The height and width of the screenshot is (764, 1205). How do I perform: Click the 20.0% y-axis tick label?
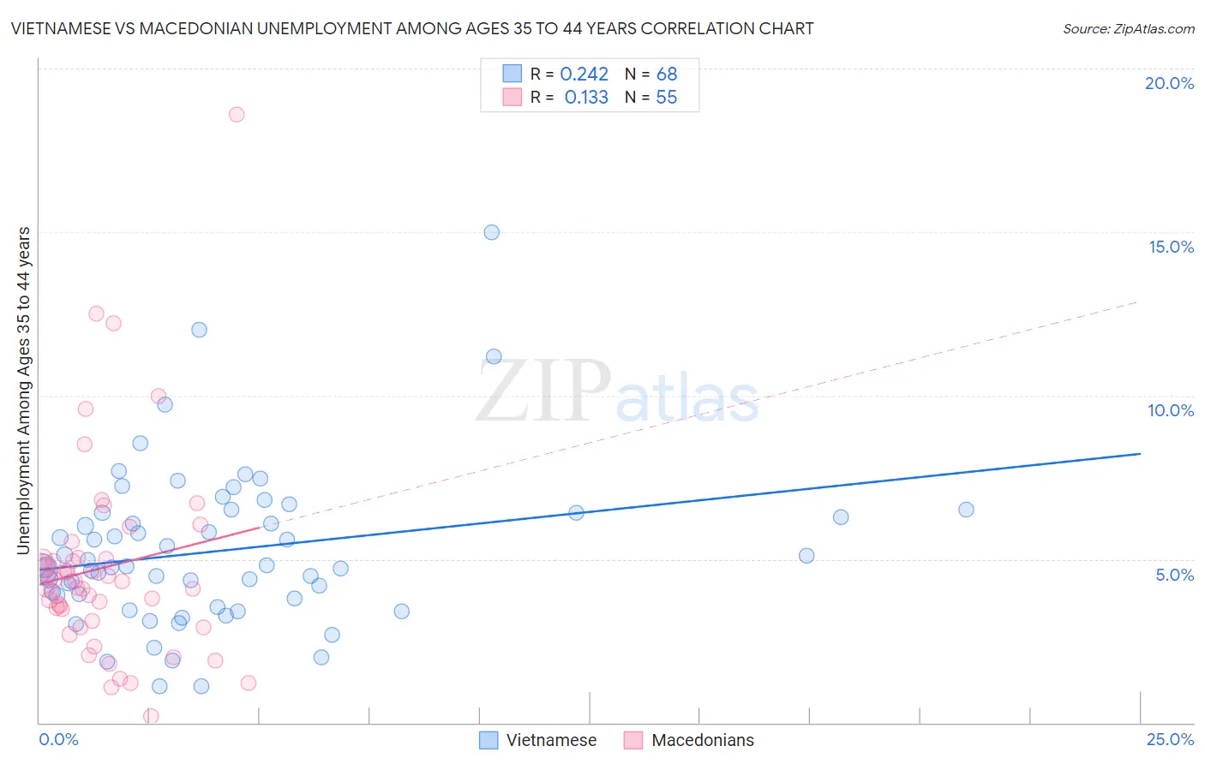coord(1169,83)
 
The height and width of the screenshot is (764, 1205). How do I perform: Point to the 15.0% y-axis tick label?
coord(1171,247)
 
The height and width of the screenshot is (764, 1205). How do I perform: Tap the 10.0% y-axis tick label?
coord(1171,410)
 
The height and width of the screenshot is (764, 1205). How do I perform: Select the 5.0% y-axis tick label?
coord(1174,575)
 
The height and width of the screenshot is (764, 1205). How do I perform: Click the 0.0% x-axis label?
coord(58,739)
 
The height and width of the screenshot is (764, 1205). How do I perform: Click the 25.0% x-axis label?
coord(1170,739)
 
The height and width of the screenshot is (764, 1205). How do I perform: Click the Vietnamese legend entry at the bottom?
coord(550,740)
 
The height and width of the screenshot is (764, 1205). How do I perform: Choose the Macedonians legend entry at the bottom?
coord(702,740)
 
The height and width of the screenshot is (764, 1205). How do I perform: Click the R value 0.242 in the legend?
coord(584,75)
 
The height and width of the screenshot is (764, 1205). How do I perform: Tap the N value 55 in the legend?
coord(666,98)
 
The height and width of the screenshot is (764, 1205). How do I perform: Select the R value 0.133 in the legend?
coord(586,98)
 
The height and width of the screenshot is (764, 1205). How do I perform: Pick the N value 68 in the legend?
coord(666,75)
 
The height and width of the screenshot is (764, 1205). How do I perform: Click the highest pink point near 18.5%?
coord(237,114)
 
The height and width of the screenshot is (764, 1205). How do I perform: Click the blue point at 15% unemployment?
coord(491,232)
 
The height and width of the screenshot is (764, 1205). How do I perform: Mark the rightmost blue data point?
coord(966,510)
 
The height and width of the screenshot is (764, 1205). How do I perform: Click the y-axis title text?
coord(23,391)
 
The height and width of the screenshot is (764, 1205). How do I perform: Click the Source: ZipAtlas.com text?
coord(1128,29)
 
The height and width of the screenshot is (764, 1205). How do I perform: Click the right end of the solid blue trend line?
coord(1140,453)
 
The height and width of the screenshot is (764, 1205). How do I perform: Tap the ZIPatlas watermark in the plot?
coord(617,392)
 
